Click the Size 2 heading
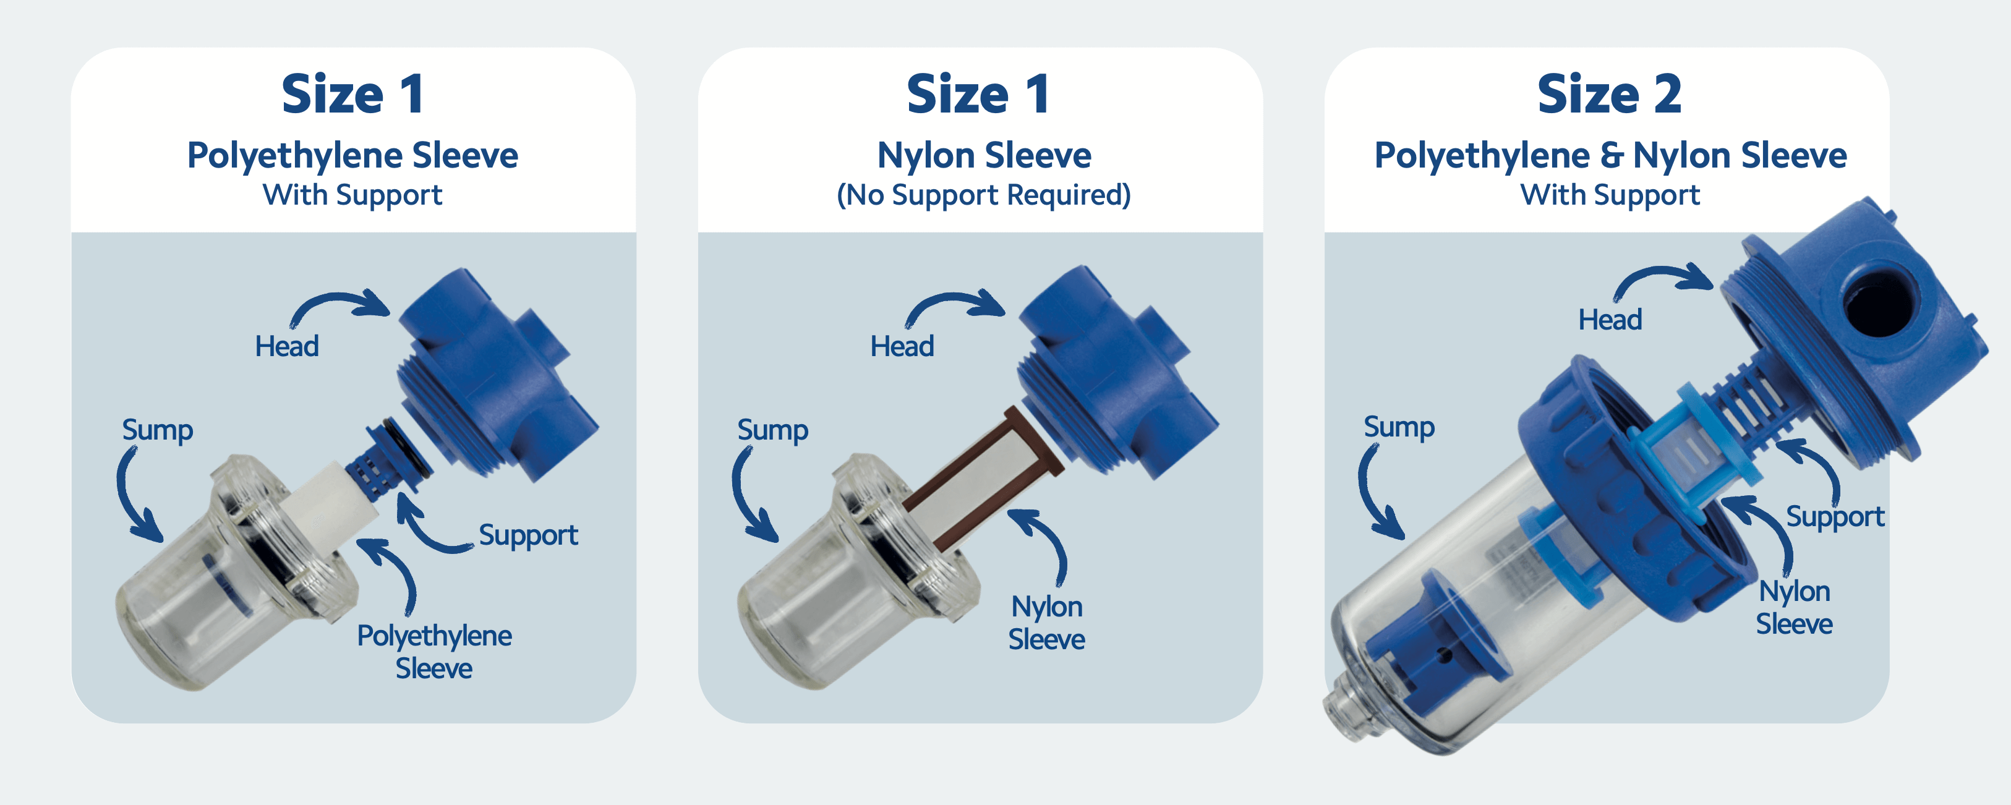(x=1609, y=95)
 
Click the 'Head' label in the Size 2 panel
(x=1610, y=320)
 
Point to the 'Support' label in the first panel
(x=527, y=535)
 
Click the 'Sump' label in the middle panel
(x=772, y=430)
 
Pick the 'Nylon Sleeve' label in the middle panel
(x=1046, y=622)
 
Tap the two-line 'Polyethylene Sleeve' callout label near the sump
(x=434, y=651)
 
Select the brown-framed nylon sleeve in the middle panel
(x=984, y=476)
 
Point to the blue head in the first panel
(x=492, y=375)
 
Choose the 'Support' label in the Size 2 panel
(x=1835, y=516)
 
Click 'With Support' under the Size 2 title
(x=1609, y=194)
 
